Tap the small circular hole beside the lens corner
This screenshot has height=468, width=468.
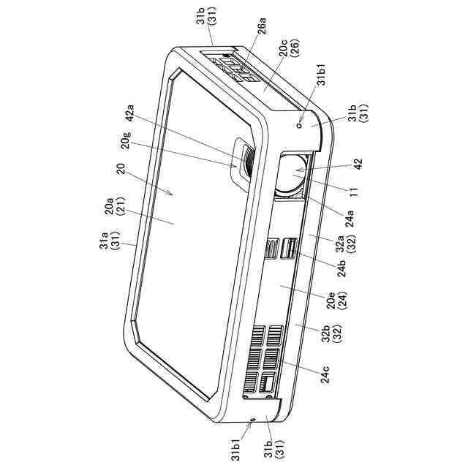(299, 126)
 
